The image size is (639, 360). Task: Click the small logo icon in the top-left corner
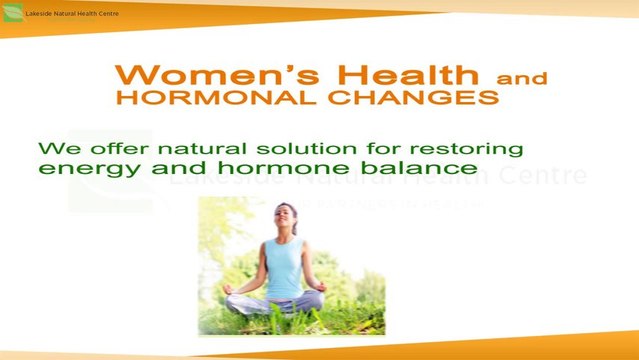click(12, 13)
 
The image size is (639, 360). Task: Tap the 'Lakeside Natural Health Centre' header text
click(72, 13)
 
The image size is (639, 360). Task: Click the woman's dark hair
click(291, 208)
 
